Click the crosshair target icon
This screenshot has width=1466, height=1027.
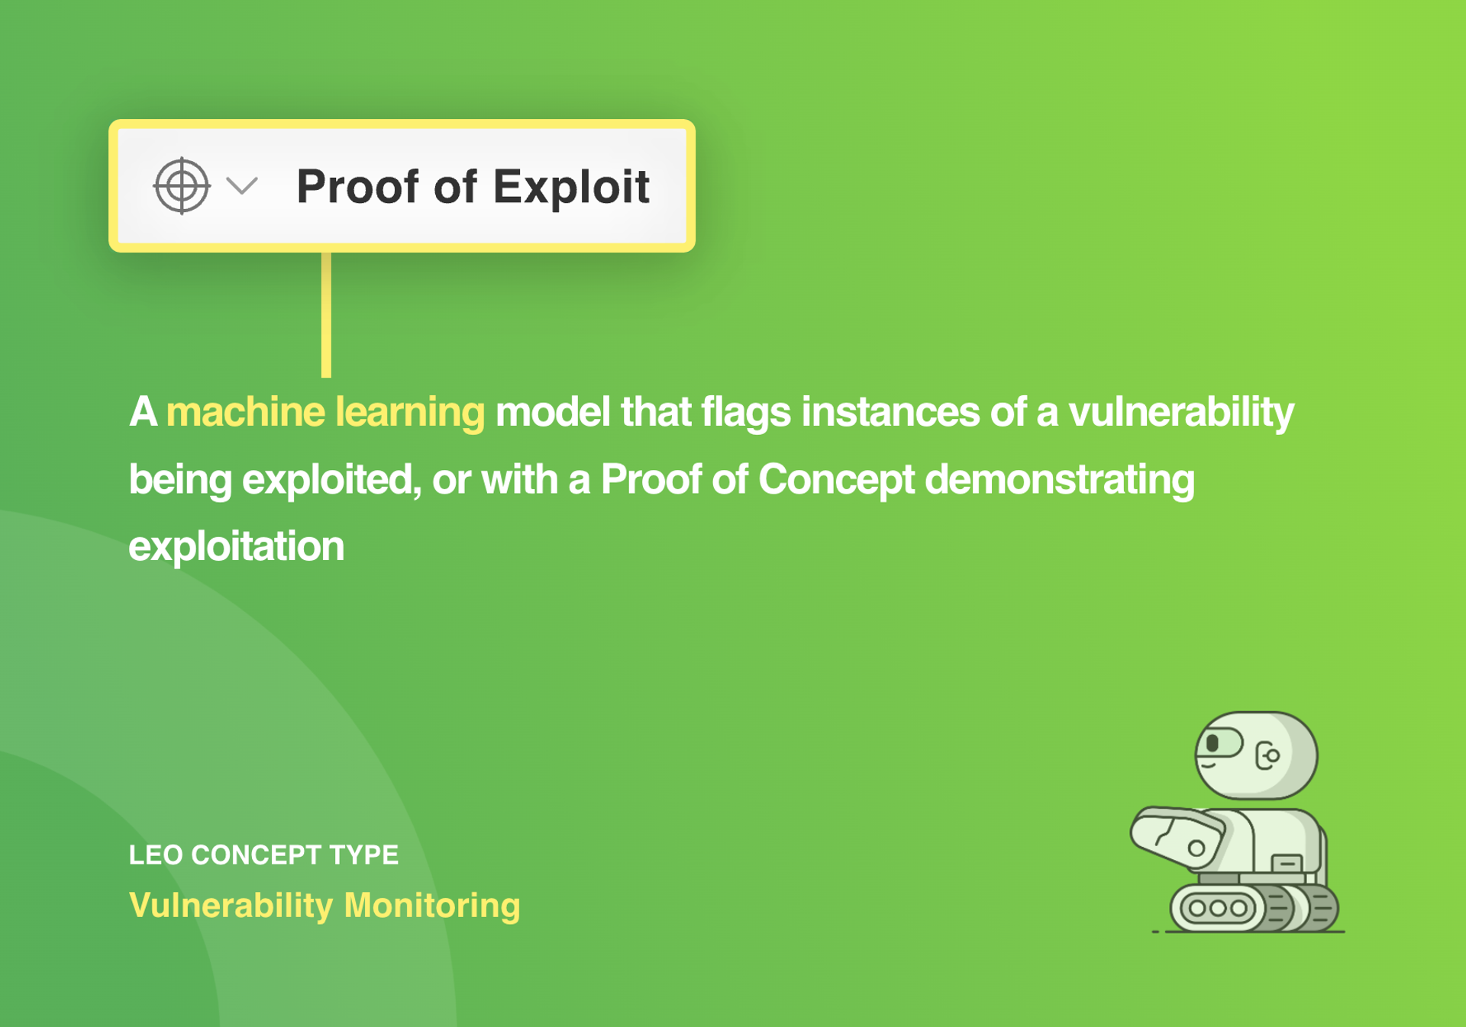tap(182, 185)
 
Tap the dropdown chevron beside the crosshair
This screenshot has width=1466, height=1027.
tap(242, 185)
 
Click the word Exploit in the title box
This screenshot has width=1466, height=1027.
tap(571, 187)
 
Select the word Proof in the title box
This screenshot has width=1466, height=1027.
tap(359, 187)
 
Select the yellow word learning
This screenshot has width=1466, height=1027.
tap(409, 412)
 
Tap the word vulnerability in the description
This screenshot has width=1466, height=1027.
tap(1180, 412)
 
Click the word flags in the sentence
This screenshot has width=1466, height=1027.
tap(745, 412)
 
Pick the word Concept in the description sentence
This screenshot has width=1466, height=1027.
tap(835, 479)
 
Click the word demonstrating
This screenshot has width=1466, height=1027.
tap(1059, 479)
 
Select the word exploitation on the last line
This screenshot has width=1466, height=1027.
tap(236, 546)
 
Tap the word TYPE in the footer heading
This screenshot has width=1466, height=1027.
tap(363, 855)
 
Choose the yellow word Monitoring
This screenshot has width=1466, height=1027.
tap(431, 906)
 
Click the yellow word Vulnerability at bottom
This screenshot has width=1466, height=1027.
tap(231, 906)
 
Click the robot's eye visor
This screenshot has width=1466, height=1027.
tap(1219, 742)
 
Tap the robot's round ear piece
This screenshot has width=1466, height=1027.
tap(1269, 755)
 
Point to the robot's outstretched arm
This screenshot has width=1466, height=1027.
tap(1176, 837)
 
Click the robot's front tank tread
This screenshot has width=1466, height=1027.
tap(1218, 908)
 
